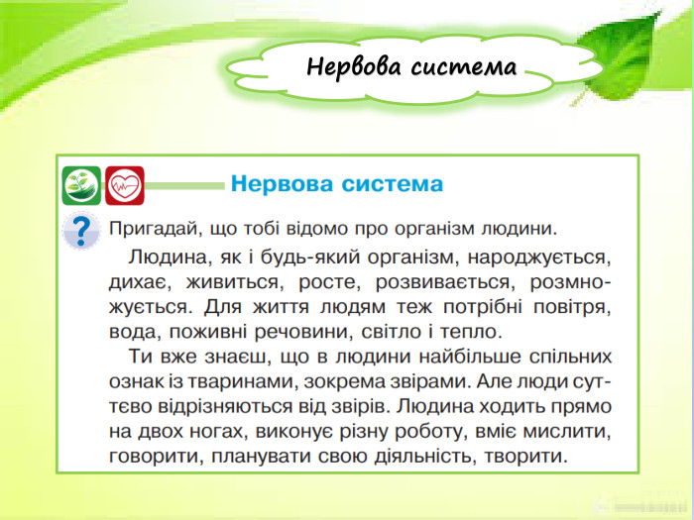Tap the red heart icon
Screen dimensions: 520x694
125,184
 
